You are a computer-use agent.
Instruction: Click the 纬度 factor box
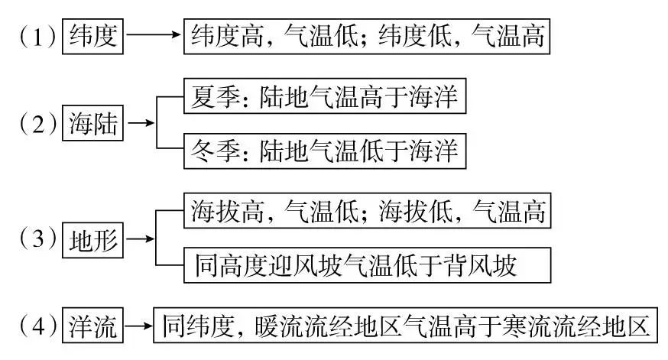coord(92,36)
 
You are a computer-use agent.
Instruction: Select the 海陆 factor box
coord(92,123)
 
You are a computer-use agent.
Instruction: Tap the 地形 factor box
coord(92,240)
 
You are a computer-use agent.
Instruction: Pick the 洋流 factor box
coord(92,325)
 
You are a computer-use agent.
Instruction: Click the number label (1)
coord(37,37)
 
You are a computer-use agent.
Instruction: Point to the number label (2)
coord(37,124)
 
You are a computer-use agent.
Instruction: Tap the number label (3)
coord(37,238)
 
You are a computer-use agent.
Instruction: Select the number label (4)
coord(37,326)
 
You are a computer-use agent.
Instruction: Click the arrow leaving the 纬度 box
coord(154,34)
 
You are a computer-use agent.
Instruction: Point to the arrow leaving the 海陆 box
coord(141,123)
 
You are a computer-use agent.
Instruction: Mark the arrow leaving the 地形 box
coord(141,238)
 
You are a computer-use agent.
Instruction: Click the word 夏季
coord(216,97)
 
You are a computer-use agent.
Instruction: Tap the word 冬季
coord(216,151)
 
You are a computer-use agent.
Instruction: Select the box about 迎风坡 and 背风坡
coord(367,265)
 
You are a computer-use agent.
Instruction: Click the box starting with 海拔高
coord(367,210)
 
